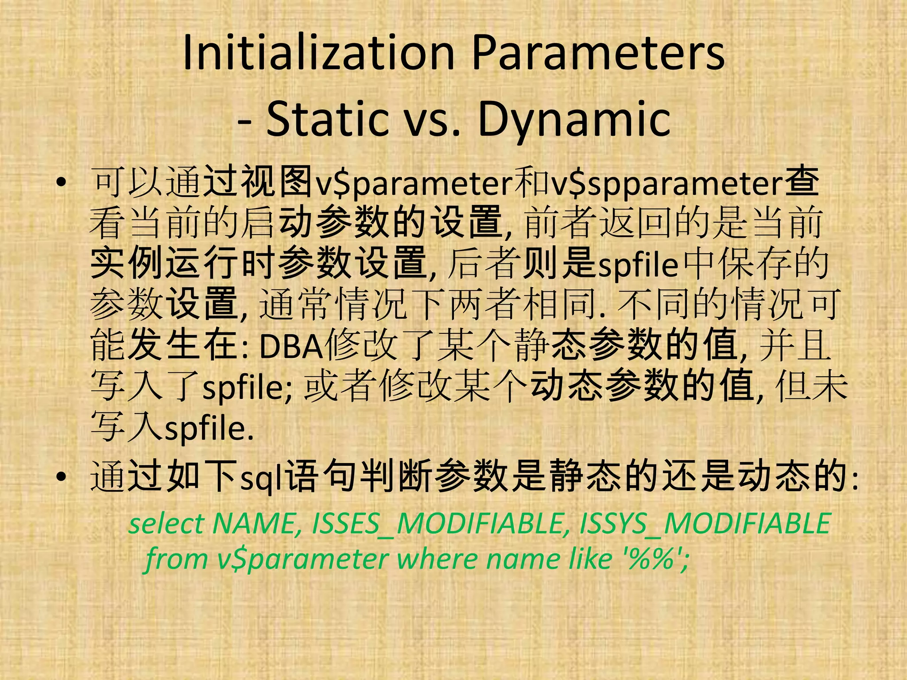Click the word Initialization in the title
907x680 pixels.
pos(318,53)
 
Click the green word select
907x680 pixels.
pos(166,523)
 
